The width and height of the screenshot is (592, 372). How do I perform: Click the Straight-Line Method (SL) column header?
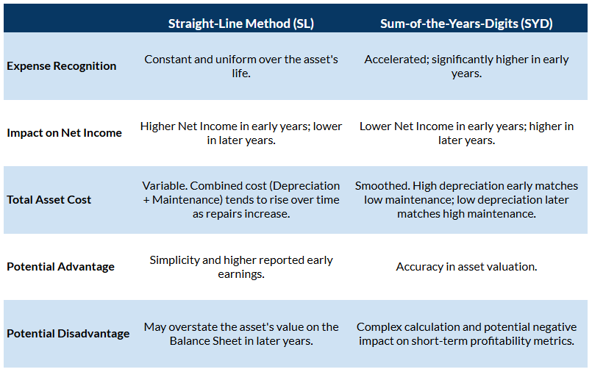click(x=240, y=24)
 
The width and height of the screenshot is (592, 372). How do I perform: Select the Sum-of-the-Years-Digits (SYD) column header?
click(x=466, y=24)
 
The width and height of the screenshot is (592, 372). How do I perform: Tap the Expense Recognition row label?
click(x=62, y=66)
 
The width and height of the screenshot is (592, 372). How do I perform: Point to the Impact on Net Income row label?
click(x=65, y=133)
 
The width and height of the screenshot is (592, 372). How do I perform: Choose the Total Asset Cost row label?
click(x=49, y=200)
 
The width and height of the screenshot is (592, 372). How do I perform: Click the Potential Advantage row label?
click(x=61, y=267)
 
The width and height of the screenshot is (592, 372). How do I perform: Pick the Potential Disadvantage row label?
click(x=68, y=334)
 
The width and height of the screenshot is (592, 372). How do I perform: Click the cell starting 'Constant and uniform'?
click(x=241, y=66)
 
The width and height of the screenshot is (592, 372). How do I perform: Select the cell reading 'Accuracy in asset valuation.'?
click(x=466, y=267)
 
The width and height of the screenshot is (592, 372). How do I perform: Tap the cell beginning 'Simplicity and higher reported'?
click(x=241, y=267)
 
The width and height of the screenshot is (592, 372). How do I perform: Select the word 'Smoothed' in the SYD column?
click(x=379, y=186)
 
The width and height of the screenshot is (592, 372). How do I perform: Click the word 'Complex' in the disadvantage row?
click(x=378, y=327)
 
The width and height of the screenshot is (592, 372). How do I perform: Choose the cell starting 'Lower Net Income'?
click(x=466, y=133)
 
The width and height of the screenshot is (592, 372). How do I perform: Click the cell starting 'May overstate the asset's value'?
click(x=241, y=334)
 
